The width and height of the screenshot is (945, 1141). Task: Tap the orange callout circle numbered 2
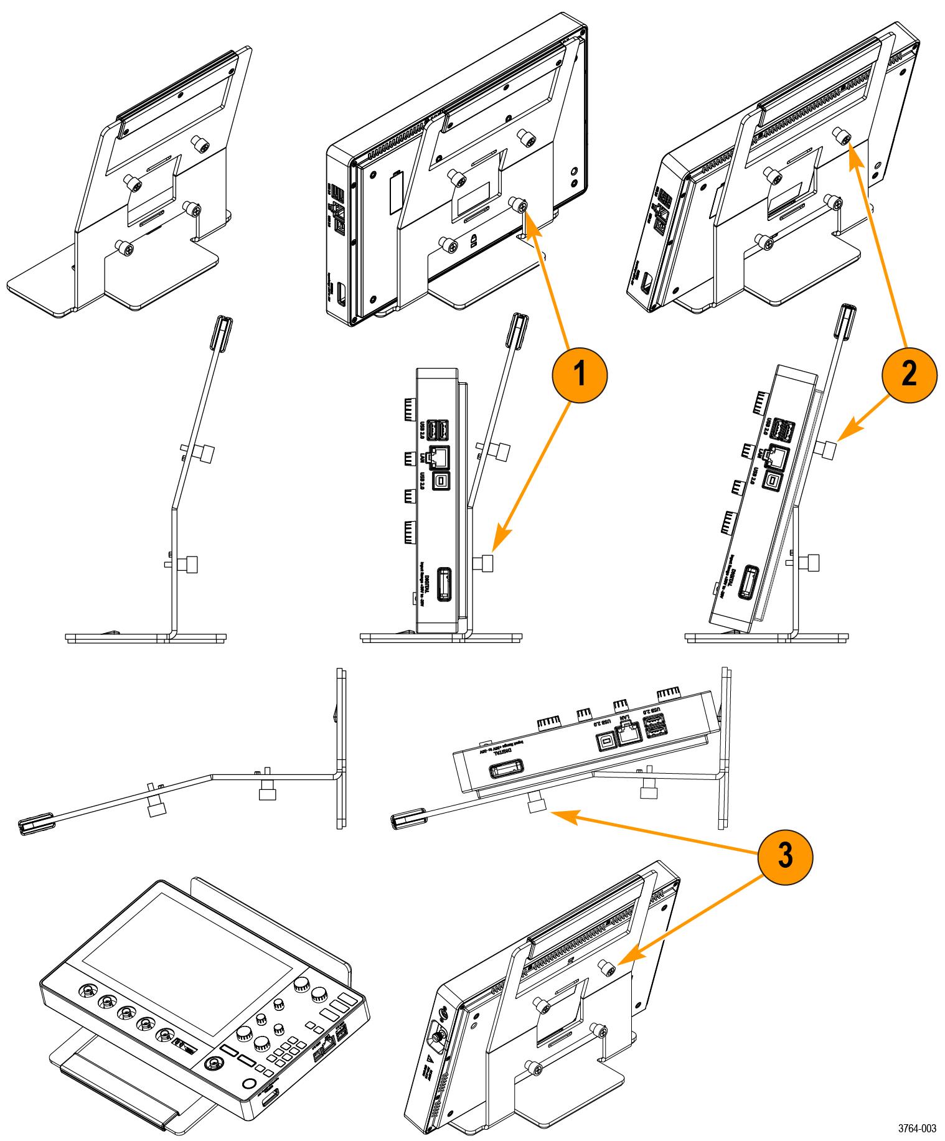910,374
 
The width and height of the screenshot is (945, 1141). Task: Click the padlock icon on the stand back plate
474,242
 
